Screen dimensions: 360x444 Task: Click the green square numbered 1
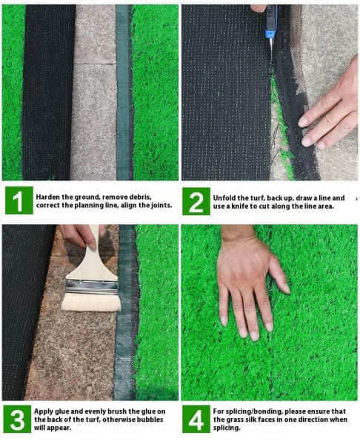[x=19, y=201]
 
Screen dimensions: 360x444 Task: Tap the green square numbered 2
[x=196, y=201]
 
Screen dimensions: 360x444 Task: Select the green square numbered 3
[x=17, y=419]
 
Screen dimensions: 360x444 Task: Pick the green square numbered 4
[x=196, y=419]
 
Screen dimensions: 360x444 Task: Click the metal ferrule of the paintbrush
[x=91, y=287]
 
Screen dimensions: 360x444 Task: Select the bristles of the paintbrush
[x=91, y=303]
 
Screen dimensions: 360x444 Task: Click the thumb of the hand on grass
[x=279, y=274]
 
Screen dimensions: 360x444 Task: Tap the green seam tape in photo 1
[x=122, y=92]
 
